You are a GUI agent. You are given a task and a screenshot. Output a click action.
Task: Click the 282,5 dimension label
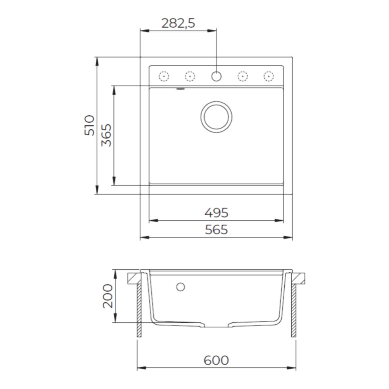coord(178,24)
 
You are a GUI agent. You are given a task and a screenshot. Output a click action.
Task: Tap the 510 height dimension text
coord(89,125)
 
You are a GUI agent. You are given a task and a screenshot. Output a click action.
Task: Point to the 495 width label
coord(216,213)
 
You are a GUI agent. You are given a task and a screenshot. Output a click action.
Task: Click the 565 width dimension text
coord(216,230)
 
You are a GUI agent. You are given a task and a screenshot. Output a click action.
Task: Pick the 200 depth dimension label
coord(108,296)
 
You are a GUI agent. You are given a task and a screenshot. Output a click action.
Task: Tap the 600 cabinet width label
coord(216,360)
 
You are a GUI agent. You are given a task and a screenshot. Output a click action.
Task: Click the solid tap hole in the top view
coord(216,76)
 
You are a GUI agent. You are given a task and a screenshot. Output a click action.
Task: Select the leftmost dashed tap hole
coord(164,76)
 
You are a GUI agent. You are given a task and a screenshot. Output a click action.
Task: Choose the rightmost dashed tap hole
coord(269,76)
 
